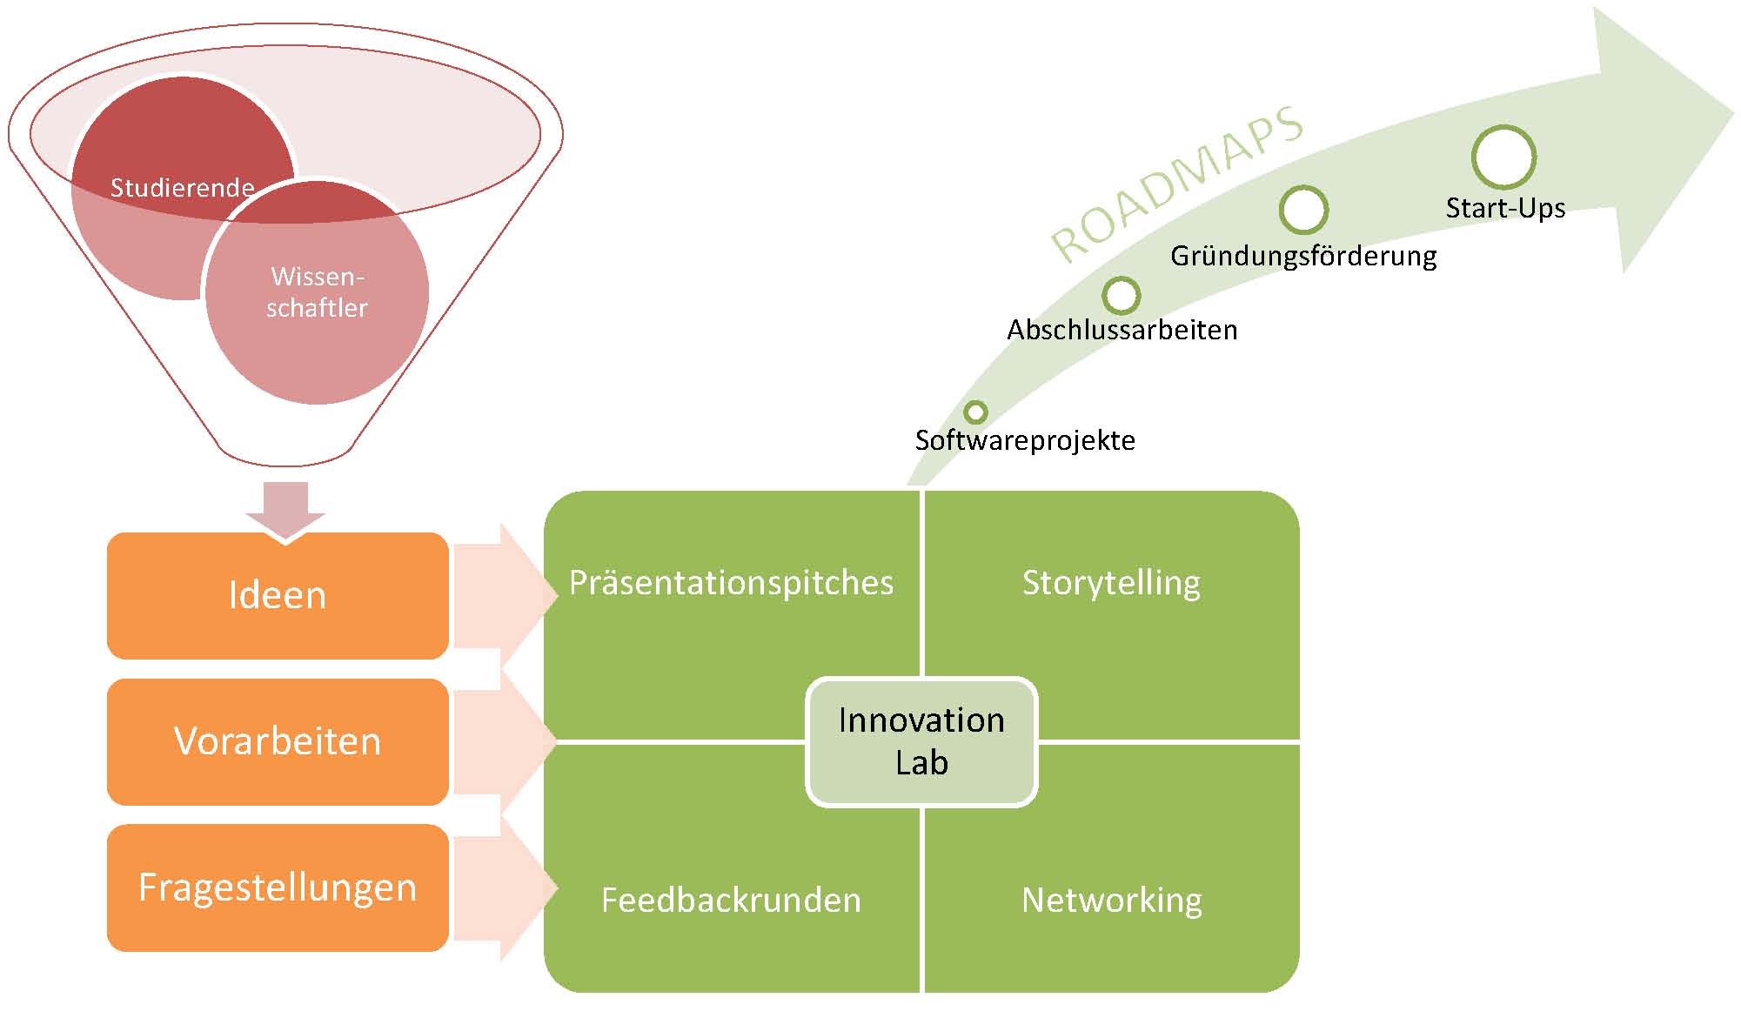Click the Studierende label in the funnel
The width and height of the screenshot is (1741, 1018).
183,187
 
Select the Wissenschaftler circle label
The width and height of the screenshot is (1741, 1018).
318,291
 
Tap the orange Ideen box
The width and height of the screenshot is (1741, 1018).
278,596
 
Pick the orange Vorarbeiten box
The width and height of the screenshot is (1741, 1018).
278,742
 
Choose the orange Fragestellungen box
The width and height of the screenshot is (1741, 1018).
278,888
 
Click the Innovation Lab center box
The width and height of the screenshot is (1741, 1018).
921,741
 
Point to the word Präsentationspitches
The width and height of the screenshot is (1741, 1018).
731,583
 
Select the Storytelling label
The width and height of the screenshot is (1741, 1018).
1111,583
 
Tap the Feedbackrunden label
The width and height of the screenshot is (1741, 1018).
731,900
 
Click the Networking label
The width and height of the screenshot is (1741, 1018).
1111,901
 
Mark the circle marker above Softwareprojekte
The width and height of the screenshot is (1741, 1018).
976,412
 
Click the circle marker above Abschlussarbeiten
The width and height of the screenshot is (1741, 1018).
1122,296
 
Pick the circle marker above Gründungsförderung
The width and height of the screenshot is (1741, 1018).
1303,210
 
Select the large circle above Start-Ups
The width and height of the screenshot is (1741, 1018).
1503,157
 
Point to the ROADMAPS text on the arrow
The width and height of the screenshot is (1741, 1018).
1177,184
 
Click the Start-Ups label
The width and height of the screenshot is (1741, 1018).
1505,208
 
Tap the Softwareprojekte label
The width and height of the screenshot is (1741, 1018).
1025,440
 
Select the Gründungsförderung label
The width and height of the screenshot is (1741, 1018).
1303,256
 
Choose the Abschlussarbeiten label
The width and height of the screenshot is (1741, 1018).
1122,330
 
